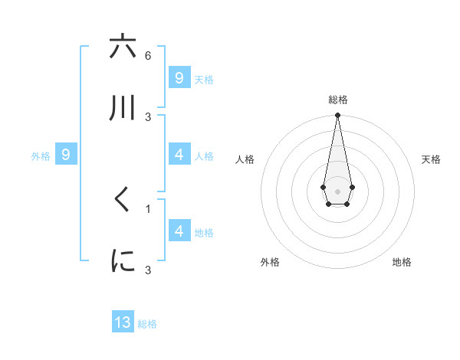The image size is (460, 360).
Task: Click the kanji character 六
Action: point(123,47)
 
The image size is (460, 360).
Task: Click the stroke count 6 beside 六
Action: point(148,56)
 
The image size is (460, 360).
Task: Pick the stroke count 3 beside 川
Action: point(148,116)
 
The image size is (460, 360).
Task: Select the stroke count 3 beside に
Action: point(148,270)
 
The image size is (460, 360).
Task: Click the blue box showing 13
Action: point(123,322)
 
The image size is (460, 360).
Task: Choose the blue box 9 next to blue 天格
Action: point(179,78)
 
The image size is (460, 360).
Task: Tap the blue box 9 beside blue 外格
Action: point(66,155)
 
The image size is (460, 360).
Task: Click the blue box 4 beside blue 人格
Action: point(179,155)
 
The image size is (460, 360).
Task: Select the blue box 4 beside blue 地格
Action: point(179,231)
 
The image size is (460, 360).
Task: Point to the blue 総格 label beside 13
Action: point(147,324)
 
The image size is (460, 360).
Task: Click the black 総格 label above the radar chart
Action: point(337,100)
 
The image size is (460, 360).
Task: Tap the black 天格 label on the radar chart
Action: point(432,159)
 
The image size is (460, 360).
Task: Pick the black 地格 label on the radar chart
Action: point(402,262)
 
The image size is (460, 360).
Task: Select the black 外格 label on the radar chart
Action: point(270,262)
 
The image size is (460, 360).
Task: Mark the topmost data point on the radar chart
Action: point(337,115)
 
